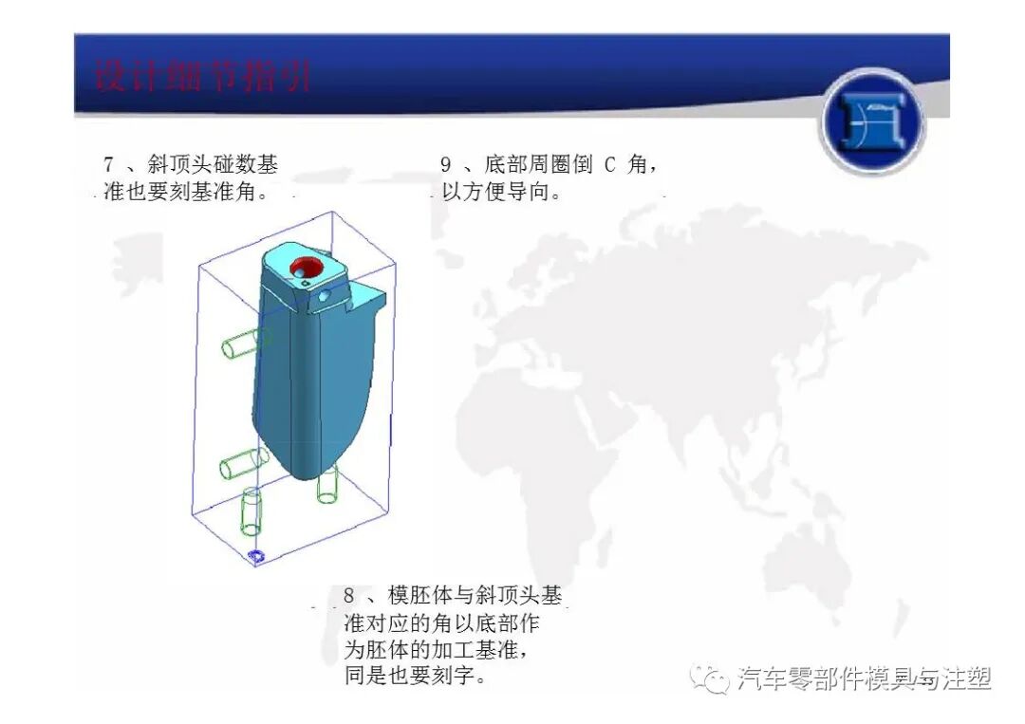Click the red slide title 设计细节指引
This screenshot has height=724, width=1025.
click(203, 75)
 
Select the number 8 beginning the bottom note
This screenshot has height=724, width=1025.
click(348, 597)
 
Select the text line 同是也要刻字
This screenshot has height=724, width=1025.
click(416, 678)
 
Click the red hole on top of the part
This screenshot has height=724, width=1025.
click(308, 268)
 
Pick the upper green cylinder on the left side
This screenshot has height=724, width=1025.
click(244, 340)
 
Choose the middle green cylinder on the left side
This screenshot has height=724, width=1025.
click(244, 465)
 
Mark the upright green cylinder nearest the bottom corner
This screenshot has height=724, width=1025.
click(252, 512)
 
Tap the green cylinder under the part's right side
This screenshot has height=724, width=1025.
click(328, 485)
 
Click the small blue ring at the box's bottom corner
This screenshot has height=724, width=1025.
click(255, 554)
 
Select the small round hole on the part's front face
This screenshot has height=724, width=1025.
click(325, 296)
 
